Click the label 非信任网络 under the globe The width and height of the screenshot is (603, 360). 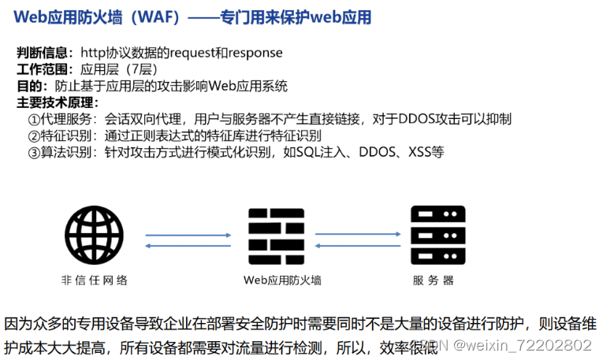click(x=95, y=280)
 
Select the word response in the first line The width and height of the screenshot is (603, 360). click(x=255, y=53)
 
